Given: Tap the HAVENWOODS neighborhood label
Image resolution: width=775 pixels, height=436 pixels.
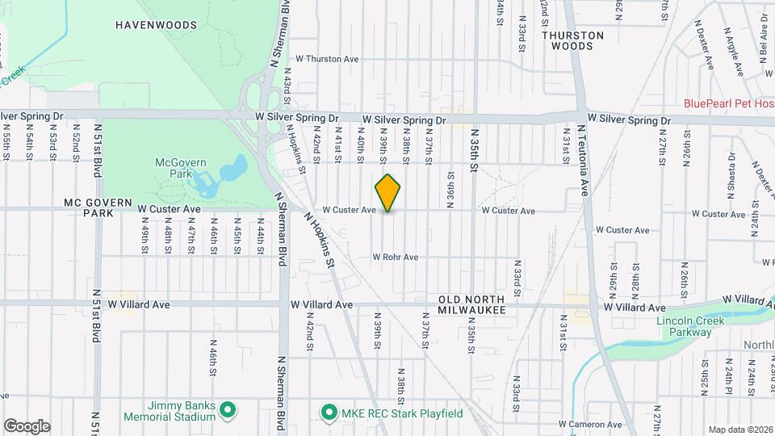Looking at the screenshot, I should [x=156, y=25].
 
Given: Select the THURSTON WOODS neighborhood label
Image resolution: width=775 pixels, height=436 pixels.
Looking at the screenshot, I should [x=572, y=40].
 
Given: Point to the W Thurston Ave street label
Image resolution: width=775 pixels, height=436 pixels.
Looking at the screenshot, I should [x=326, y=59].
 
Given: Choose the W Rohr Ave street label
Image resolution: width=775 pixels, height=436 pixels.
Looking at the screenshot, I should [x=395, y=258].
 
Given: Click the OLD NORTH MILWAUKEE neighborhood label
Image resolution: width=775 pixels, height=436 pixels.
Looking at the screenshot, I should [x=471, y=304].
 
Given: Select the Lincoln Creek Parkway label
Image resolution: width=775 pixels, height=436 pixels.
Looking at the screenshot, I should [x=691, y=327].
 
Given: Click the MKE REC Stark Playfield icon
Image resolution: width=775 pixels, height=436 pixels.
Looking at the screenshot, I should [x=329, y=413].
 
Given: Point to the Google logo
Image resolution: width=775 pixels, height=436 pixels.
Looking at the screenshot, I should [x=27, y=426].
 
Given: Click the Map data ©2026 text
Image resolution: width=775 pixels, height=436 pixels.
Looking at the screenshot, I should [x=739, y=429].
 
